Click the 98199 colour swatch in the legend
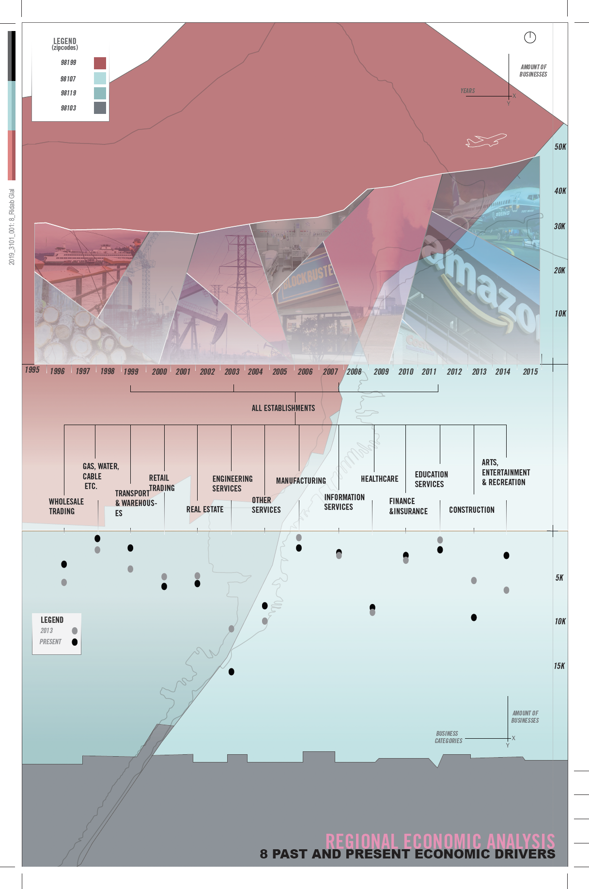pos(100,63)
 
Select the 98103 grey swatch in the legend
pos(100,108)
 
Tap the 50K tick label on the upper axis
pos(560,147)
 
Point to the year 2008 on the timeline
pos(354,372)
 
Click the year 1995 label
pos(32,370)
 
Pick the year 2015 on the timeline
pos(530,372)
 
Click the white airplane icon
pos(486,140)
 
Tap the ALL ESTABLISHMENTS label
pos(283,408)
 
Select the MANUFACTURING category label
pos(301,481)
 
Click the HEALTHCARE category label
pos(379,479)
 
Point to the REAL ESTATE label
pos(205,509)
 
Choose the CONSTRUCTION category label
pos(471,510)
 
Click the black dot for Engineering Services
pos(232,672)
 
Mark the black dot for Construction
pos(474,618)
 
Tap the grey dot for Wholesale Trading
pos(64,582)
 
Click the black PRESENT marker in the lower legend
pos(75,642)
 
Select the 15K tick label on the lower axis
pos(559,666)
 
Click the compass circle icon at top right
pos(530,37)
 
